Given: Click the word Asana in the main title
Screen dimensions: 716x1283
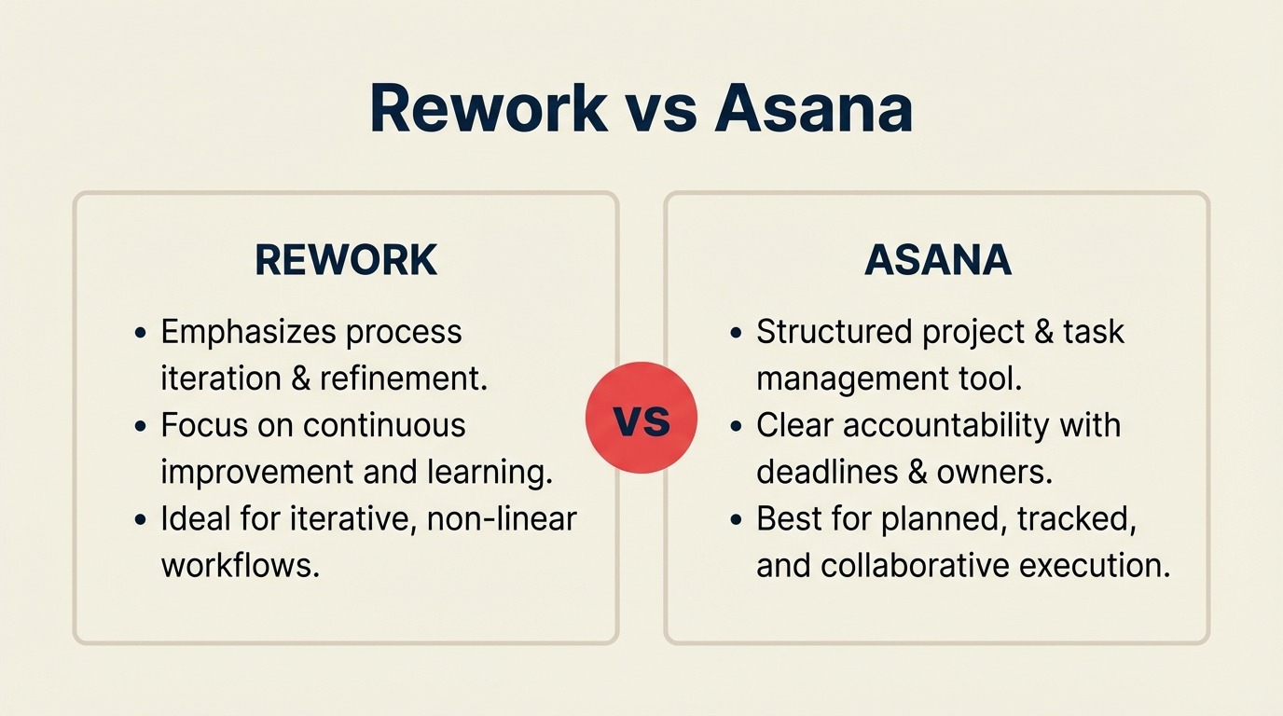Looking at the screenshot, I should pos(813,109).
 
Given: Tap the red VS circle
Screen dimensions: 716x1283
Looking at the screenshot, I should pos(641,419).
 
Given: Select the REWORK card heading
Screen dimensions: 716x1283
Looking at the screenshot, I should pos(346,261).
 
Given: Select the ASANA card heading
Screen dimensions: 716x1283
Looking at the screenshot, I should pos(937,261).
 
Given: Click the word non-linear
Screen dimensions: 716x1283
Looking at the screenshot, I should pos(502,518).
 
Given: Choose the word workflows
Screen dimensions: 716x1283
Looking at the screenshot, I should pos(240,565).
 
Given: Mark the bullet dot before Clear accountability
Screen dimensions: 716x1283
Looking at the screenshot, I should pos(737,427).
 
